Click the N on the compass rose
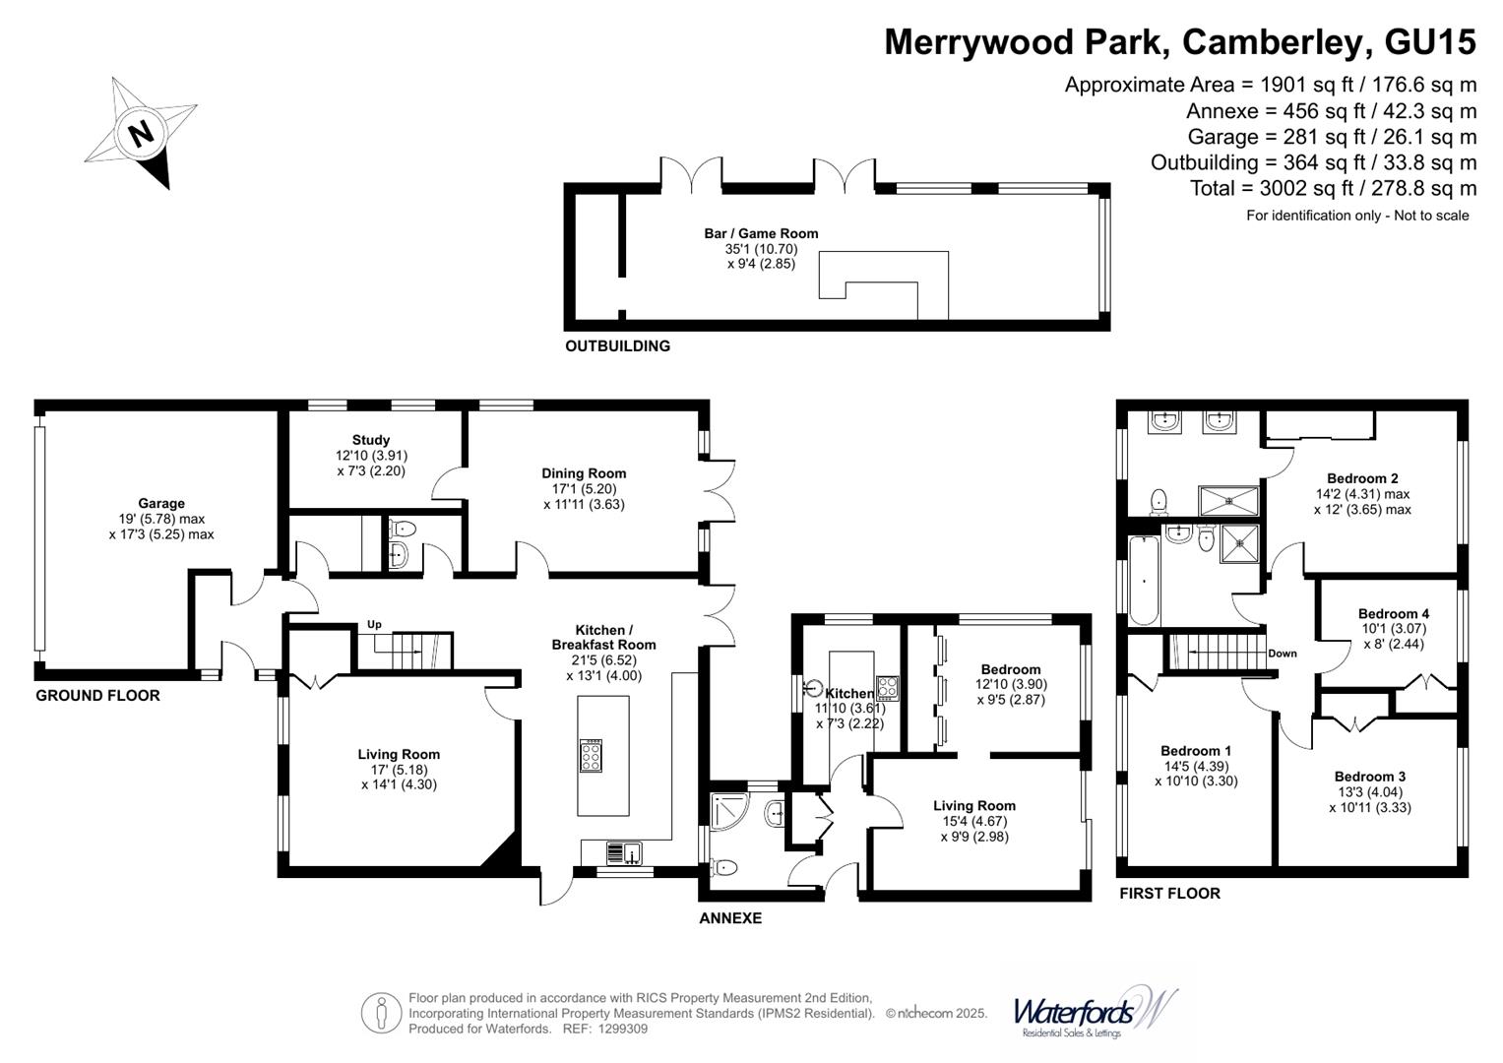(x=141, y=134)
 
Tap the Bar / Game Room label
(x=761, y=233)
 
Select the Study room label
(x=370, y=440)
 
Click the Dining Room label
(x=584, y=473)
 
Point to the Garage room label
(x=161, y=503)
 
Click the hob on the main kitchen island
(x=592, y=756)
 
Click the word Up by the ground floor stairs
(x=374, y=624)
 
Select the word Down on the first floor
(x=1283, y=653)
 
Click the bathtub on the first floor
(x=1144, y=581)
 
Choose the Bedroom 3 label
(x=1369, y=777)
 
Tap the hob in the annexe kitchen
(x=887, y=689)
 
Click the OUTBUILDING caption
(x=617, y=345)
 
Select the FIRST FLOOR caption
(x=1169, y=894)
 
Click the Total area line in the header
(x=1334, y=188)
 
